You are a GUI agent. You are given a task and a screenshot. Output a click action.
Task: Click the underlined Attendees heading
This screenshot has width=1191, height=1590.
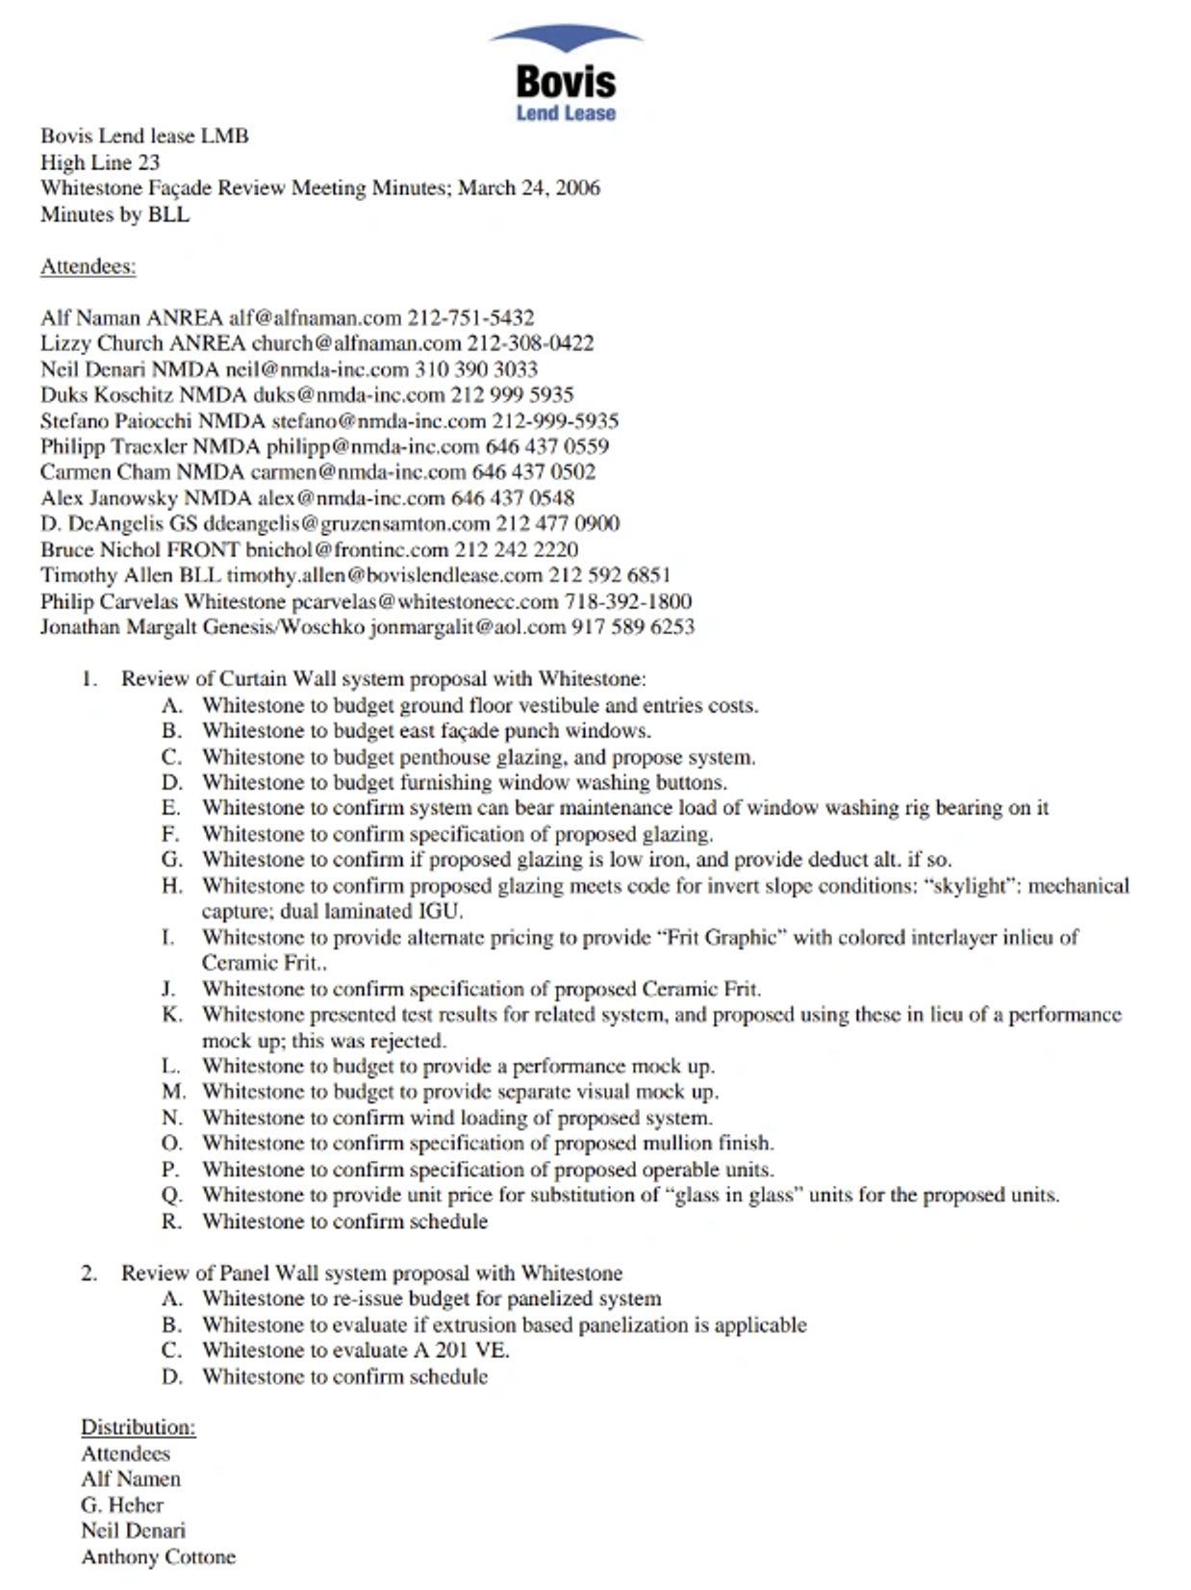click(x=88, y=266)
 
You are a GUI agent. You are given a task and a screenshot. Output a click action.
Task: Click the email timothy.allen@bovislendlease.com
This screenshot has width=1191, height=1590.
click(x=385, y=575)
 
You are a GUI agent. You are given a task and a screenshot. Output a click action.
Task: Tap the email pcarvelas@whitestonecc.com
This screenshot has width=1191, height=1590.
click(x=424, y=601)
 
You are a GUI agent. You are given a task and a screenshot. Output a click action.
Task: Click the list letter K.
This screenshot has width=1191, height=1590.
click(x=172, y=1014)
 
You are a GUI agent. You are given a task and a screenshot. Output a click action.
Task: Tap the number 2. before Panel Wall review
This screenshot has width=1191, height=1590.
click(x=89, y=1274)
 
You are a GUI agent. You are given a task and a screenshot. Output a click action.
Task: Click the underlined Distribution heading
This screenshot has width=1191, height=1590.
click(x=138, y=1427)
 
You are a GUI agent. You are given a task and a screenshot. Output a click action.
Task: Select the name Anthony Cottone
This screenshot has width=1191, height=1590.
click(x=158, y=1557)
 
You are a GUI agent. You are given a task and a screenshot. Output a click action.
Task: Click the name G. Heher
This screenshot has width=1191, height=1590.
click(x=122, y=1505)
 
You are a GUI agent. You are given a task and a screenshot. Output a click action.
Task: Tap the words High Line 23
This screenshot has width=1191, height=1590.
click(x=100, y=163)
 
